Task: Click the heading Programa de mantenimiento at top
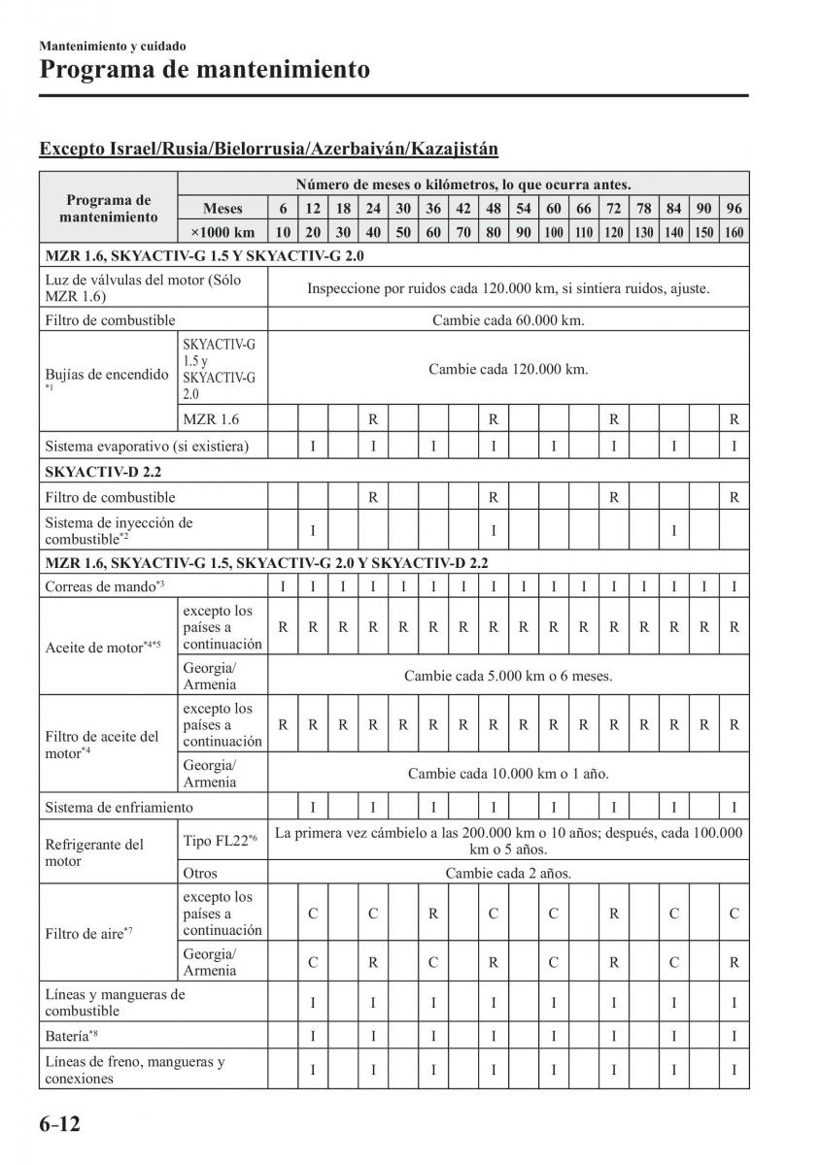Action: click(205, 70)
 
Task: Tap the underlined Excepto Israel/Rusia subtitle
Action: click(268, 149)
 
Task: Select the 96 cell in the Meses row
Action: click(735, 208)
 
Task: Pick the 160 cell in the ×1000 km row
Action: click(735, 232)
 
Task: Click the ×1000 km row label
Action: click(222, 232)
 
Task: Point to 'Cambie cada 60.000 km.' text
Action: click(508, 319)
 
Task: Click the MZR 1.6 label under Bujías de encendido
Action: click(210, 419)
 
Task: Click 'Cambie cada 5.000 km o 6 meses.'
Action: click(508, 676)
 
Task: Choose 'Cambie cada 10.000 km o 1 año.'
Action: click(508, 774)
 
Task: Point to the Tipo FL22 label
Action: click(220, 840)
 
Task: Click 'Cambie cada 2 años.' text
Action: click(508, 873)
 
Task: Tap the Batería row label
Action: click(70, 1036)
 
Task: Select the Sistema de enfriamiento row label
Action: click(119, 807)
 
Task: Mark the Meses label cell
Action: click(222, 208)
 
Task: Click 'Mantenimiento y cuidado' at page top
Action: click(113, 46)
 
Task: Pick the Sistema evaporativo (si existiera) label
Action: click(147, 447)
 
